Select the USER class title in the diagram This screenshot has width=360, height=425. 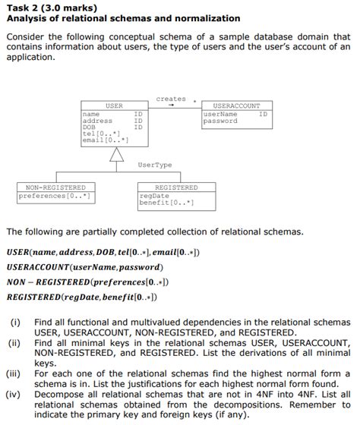114,105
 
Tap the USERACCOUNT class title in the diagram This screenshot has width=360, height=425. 236,105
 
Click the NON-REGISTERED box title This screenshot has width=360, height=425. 55,187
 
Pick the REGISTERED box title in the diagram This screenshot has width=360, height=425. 175,187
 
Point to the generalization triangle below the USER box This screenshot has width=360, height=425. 116,155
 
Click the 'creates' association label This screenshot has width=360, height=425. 170,99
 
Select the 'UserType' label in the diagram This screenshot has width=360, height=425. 154,165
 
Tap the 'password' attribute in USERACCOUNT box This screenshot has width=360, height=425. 221,121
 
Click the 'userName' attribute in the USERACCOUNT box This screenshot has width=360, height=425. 221,115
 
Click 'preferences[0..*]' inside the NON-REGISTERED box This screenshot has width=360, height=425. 55,196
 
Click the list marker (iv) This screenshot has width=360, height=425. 14,394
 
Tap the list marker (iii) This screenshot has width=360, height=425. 14,373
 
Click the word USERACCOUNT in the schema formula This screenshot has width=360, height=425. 37,267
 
